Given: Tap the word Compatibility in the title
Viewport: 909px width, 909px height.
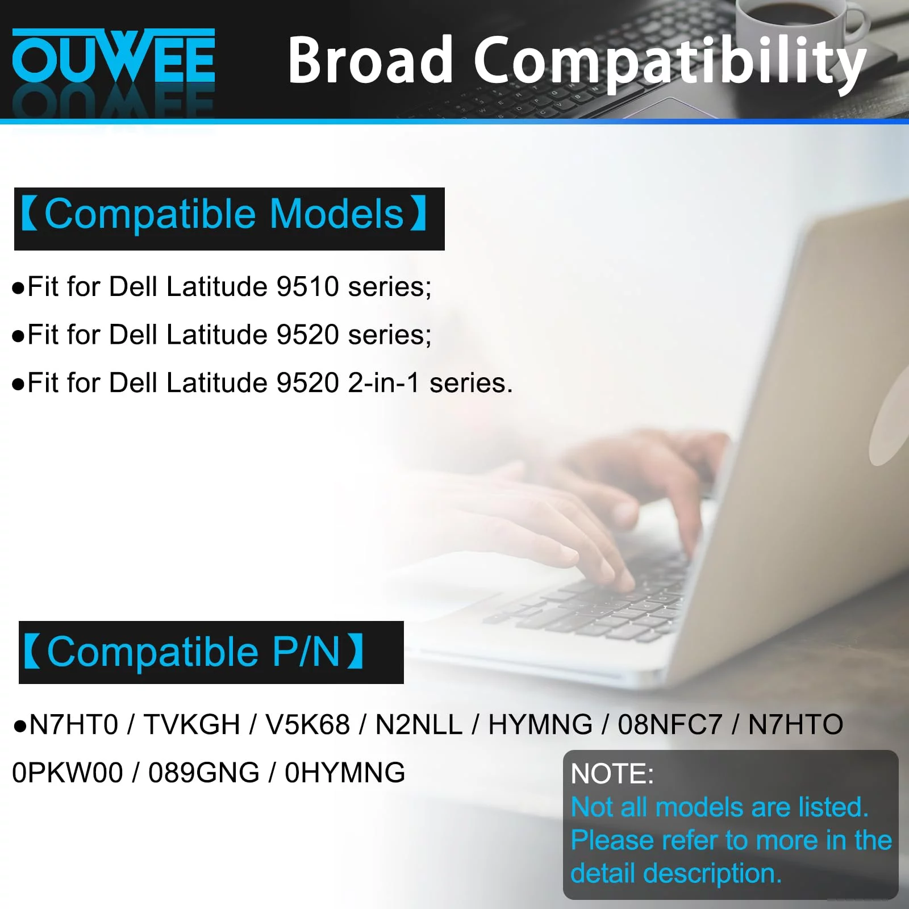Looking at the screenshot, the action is pyautogui.click(x=670, y=62).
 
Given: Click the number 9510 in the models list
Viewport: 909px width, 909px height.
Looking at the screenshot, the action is pyautogui.click(x=307, y=286).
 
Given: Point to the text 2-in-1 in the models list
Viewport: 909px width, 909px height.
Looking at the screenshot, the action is pyautogui.click(x=383, y=383).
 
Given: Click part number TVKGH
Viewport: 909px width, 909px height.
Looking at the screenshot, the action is pyautogui.click(x=191, y=725).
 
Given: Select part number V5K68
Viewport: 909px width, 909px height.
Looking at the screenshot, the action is pyautogui.click(x=307, y=725).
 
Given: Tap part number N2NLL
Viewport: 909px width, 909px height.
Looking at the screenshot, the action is pyautogui.click(x=419, y=725).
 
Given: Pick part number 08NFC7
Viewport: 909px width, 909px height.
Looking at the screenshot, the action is pyautogui.click(x=670, y=725).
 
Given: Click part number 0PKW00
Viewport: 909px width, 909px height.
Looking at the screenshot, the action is pyautogui.click(x=68, y=773).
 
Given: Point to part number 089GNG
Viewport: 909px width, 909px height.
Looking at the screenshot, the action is pyautogui.click(x=204, y=773).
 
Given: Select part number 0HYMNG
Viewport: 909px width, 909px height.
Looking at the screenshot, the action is pyautogui.click(x=345, y=773).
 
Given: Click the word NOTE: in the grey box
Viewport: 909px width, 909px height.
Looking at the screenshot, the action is pyautogui.click(x=612, y=774).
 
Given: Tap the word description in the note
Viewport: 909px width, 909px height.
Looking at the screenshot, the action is pyautogui.click(x=712, y=874).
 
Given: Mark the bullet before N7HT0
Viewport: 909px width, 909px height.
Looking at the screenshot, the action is pyautogui.click(x=20, y=726).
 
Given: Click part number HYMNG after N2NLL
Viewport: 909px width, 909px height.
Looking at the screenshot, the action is pyautogui.click(x=540, y=725).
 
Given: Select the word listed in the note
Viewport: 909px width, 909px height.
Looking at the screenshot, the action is pyautogui.click(x=833, y=807).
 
